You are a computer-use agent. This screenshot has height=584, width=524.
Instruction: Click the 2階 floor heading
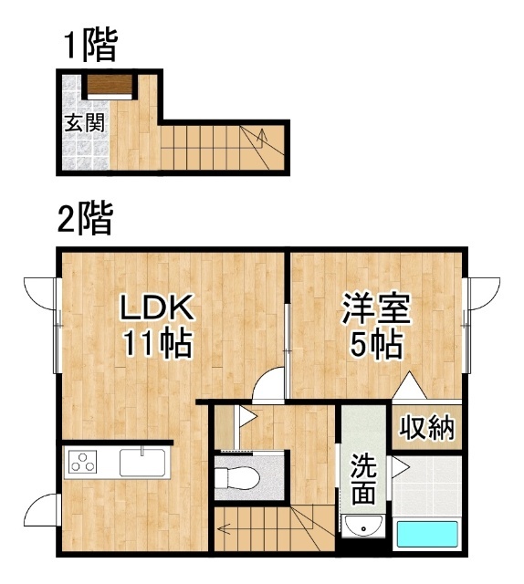[x=85, y=218]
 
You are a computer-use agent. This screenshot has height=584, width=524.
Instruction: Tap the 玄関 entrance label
[x=85, y=122]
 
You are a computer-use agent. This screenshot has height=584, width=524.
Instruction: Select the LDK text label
[x=156, y=308]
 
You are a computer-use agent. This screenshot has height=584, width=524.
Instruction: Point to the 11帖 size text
[x=158, y=344]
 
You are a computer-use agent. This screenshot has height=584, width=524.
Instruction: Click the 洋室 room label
[x=376, y=308]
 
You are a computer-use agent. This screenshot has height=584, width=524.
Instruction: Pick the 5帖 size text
[x=376, y=344]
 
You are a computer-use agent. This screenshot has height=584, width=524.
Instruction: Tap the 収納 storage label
[x=426, y=427]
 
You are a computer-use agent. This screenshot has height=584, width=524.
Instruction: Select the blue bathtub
[x=427, y=534]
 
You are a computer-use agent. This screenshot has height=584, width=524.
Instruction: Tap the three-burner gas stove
[x=83, y=462]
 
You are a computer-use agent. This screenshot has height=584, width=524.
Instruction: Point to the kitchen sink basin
[x=142, y=463]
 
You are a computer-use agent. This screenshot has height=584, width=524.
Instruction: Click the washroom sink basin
[x=363, y=526]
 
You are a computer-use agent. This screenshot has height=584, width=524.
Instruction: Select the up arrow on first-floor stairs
[x=262, y=138]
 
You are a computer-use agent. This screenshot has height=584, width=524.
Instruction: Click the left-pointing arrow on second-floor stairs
[x=225, y=528]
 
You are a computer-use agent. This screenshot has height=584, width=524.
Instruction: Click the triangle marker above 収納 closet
[x=410, y=386]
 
